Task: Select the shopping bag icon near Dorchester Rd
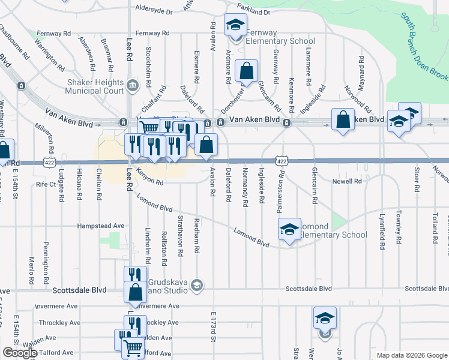(246, 71)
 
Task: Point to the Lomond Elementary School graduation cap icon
(289, 229)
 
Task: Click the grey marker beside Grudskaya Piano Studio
(196, 285)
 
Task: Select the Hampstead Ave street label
(100, 226)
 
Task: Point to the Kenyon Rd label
(150, 179)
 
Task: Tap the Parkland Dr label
(253, 11)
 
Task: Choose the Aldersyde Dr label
(154, 11)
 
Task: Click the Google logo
(20, 353)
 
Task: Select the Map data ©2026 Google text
(411, 355)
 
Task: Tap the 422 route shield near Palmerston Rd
(282, 161)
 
